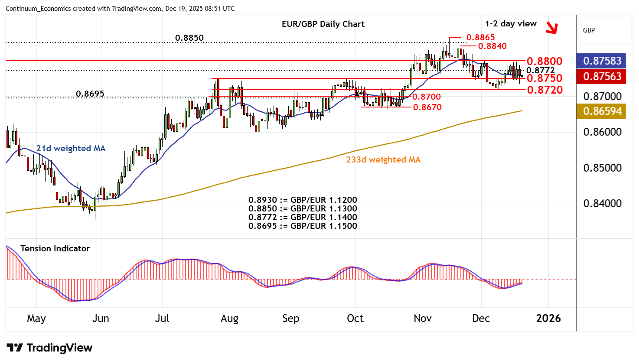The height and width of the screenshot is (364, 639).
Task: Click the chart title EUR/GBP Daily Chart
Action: click(323, 24)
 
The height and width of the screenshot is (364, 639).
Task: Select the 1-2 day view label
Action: click(511, 24)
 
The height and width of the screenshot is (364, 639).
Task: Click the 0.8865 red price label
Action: click(480, 38)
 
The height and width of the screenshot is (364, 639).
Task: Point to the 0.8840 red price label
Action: click(492, 46)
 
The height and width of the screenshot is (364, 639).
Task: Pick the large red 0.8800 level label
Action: click(544, 61)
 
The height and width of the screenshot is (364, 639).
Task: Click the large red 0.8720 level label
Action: click(544, 90)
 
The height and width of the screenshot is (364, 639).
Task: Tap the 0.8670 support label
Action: click(427, 107)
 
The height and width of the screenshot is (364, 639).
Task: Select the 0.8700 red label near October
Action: click(426, 97)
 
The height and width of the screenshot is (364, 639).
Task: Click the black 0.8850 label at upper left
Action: click(189, 38)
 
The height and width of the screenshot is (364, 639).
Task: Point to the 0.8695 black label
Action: click(90, 94)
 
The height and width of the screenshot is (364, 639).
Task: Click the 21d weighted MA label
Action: click(71, 149)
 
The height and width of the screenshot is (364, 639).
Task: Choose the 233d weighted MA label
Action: click(383, 160)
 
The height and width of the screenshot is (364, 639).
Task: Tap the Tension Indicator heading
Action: click(55, 249)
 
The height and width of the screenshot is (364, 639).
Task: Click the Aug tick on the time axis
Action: click(229, 318)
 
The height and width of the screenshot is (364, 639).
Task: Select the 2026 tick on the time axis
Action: click(548, 318)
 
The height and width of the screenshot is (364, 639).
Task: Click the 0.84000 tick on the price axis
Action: click(602, 204)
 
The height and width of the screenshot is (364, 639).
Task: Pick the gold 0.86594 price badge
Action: click(602, 111)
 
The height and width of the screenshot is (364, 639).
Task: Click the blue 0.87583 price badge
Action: click(602, 61)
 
